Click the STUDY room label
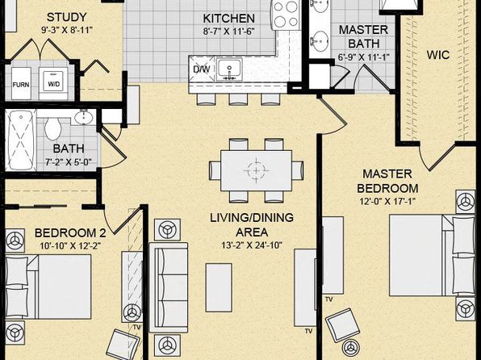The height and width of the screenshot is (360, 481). (66, 17)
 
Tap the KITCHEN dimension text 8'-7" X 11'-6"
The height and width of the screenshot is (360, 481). (229, 31)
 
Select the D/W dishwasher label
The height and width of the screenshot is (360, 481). (202, 69)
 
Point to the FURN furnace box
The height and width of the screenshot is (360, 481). (21, 83)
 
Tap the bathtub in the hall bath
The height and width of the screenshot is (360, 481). (21, 140)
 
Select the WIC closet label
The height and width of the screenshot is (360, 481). (438, 55)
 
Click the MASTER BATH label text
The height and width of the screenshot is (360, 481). (363, 37)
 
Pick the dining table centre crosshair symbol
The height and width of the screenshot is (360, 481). (256, 170)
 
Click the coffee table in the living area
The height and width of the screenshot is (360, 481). (219, 287)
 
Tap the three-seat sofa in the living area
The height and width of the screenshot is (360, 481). (169, 287)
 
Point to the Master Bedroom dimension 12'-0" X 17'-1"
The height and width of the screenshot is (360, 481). (387, 202)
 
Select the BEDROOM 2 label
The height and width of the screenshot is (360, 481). (70, 233)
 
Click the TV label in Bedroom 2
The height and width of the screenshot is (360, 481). (136, 327)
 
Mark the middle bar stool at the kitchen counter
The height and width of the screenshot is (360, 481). (238, 99)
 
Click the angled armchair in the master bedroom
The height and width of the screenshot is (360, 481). (342, 325)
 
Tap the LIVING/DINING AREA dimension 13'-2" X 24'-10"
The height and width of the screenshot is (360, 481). (252, 245)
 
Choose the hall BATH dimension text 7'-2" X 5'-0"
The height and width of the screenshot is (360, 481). (69, 161)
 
